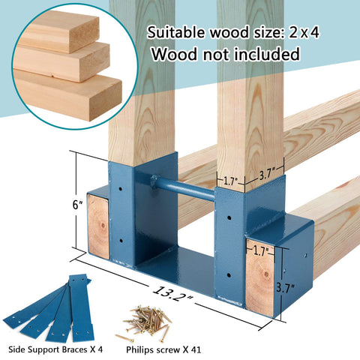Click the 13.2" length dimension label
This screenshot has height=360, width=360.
[x=173, y=292]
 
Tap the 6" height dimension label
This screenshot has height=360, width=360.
[x=77, y=205]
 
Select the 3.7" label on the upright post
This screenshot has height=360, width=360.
[x=267, y=174]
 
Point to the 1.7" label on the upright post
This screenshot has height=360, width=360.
[x=229, y=181]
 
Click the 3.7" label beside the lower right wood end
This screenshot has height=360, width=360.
[x=286, y=288]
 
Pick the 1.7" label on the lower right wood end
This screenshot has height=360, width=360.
[x=260, y=250]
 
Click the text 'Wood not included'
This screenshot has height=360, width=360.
[x=226, y=54]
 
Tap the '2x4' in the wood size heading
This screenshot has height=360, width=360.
[x=304, y=33]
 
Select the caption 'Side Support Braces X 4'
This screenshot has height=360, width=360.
[x=55, y=349]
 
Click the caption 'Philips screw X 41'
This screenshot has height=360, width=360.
[x=163, y=349]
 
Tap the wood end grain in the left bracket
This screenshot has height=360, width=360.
[x=98, y=226]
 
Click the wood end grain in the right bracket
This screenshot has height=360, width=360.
[x=259, y=277]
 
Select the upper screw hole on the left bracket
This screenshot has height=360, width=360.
[x=121, y=189]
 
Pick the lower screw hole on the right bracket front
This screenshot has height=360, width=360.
[x=229, y=275]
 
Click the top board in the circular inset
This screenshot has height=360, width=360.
[x=60, y=31]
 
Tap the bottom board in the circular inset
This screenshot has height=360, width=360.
[x=67, y=95]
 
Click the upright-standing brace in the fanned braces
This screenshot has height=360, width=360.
[x=80, y=307]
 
